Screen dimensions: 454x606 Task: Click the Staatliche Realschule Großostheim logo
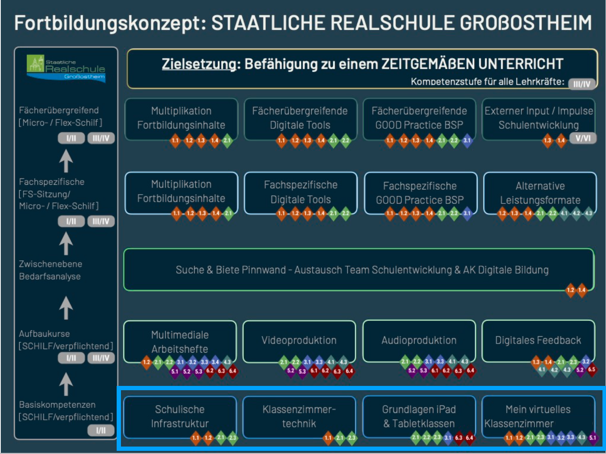pyautogui.click(x=66, y=68)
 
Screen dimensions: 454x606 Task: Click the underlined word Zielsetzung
pyautogui.click(x=199, y=64)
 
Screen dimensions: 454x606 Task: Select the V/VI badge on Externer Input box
pyautogui.click(x=583, y=138)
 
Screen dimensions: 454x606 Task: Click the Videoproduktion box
pyautogui.click(x=299, y=340)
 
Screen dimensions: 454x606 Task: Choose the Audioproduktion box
pyautogui.click(x=419, y=340)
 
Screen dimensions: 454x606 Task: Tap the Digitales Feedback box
pyautogui.click(x=538, y=340)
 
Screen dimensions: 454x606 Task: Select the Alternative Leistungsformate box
pyautogui.click(x=540, y=193)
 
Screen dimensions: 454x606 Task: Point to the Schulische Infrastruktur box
pyautogui.click(x=180, y=416)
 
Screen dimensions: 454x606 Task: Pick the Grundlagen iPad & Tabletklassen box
pyautogui.click(x=419, y=416)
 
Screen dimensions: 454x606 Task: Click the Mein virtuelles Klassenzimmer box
pyautogui.click(x=538, y=416)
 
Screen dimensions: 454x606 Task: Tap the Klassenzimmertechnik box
pyautogui.click(x=299, y=416)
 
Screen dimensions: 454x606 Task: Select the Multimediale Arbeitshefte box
pyautogui.click(x=180, y=341)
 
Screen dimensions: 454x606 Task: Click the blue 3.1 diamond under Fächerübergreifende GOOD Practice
pyautogui.click(x=467, y=140)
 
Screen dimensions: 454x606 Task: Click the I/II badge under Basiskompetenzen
pyautogui.click(x=101, y=431)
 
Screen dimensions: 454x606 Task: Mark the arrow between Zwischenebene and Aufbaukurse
pyautogui.click(x=66, y=308)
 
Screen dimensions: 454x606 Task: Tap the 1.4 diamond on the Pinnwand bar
pyautogui.click(x=582, y=290)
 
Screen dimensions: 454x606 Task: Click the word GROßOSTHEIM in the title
pyautogui.click(x=525, y=23)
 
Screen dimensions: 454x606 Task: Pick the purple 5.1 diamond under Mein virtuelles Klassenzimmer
pyautogui.click(x=593, y=438)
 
